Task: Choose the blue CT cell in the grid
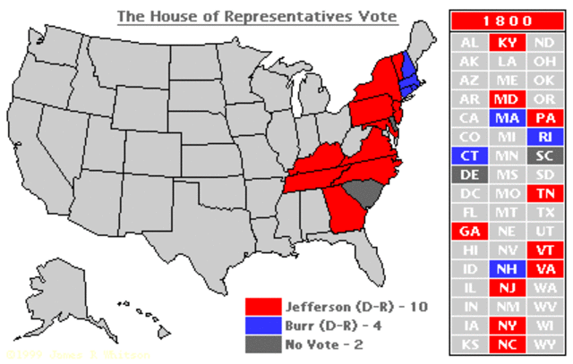point(470,156)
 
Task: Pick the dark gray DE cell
point(470,174)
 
